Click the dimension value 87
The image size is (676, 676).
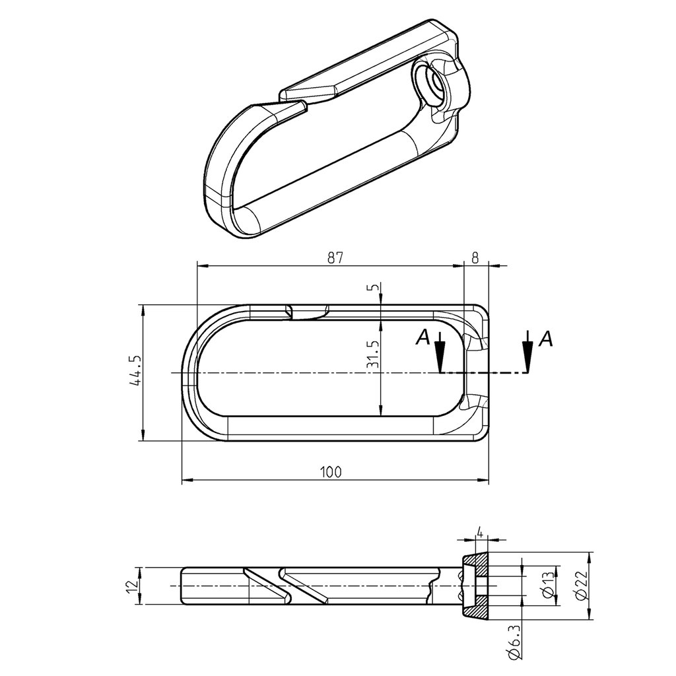pyautogui.click(x=335, y=258)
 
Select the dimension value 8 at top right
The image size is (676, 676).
pyautogui.click(x=475, y=258)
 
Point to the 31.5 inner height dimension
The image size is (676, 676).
pyautogui.click(x=374, y=355)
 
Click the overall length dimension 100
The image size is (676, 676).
pyautogui.click(x=331, y=472)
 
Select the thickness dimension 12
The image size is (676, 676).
pyautogui.click(x=135, y=585)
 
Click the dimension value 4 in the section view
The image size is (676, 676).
pyautogui.click(x=480, y=532)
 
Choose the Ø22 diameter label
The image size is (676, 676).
pyautogui.click(x=580, y=585)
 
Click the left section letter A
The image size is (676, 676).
pyautogui.click(x=423, y=338)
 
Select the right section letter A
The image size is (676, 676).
pyautogui.click(x=545, y=339)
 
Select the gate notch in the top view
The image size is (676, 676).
pyautogui.click(x=308, y=312)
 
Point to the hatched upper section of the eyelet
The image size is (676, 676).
pyautogui.click(x=475, y=562)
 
